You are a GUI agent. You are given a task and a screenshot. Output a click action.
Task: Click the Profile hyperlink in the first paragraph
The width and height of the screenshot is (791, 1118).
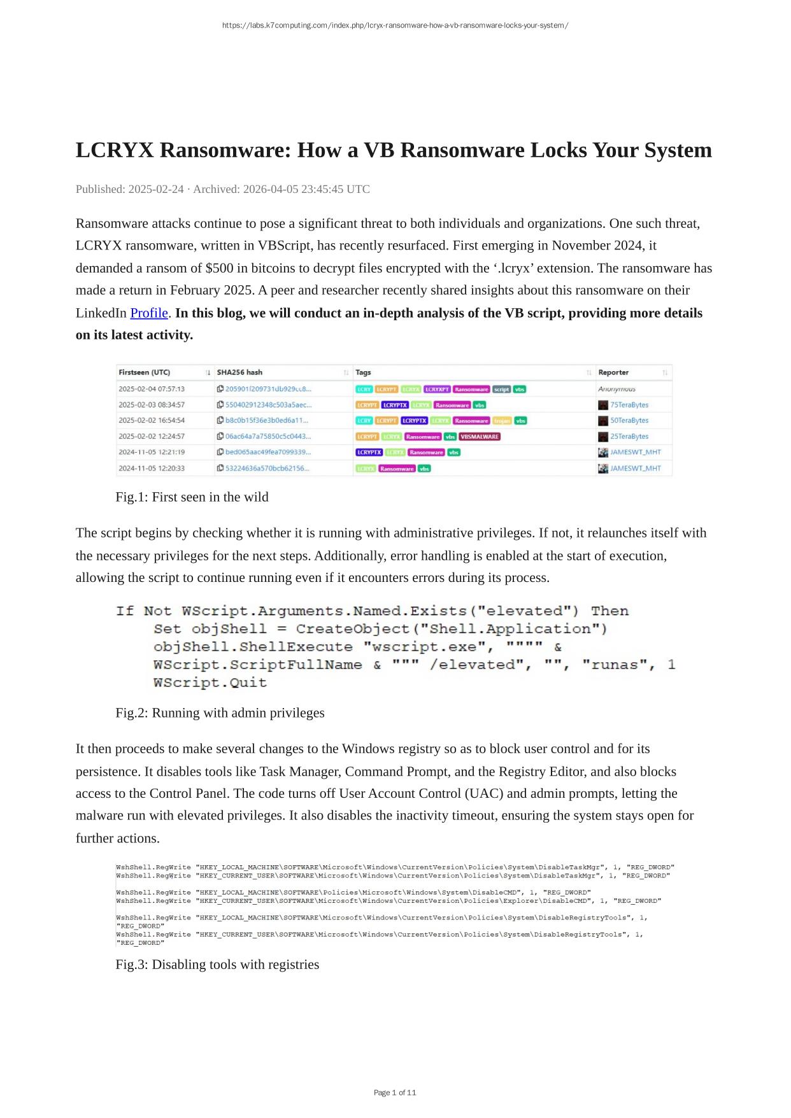pos(149,313)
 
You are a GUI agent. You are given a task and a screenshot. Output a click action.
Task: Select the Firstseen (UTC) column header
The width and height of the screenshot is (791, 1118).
pos(145,372)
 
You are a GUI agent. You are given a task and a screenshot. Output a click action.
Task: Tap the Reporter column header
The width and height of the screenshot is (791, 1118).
pos(613,372)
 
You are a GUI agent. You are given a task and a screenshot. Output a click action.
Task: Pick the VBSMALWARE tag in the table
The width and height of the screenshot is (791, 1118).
pos(480,437)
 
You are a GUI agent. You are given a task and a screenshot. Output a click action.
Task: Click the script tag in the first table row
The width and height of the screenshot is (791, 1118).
pos(501,389)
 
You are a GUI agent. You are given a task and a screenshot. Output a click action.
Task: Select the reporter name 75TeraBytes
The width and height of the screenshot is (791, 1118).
pos(629,405)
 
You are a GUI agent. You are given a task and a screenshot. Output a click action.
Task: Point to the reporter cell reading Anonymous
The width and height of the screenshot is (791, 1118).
pos(616,389)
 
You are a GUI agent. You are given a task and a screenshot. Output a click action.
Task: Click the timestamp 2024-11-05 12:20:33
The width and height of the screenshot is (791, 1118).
pos(152,468)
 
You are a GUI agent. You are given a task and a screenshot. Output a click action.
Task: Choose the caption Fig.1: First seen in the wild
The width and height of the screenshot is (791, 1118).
pos(192,497)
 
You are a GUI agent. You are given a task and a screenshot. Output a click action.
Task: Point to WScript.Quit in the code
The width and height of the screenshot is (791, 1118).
pos(210,683)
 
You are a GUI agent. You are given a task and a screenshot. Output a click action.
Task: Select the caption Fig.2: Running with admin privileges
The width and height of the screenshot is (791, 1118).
pos(220,713)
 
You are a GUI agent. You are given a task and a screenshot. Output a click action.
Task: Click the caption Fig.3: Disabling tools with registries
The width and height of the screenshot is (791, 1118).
pos(217,965)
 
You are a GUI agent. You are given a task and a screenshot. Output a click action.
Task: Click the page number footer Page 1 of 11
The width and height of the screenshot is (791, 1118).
pos(395,1093)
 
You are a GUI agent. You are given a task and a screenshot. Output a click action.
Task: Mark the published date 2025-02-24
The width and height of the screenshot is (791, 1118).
pos(156,189)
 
